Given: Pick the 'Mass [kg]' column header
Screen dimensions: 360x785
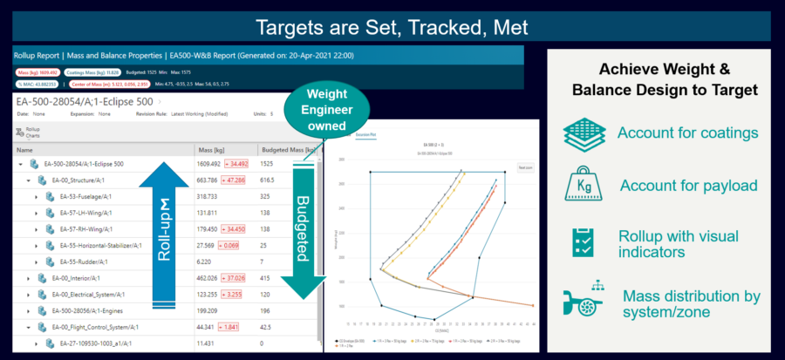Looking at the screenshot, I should point(212,149).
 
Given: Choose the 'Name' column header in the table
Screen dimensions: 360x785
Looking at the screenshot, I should point(24,149).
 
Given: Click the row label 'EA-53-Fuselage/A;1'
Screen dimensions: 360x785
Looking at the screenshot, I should point(84,197).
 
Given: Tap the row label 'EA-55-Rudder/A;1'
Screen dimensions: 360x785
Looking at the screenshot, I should point(81,262).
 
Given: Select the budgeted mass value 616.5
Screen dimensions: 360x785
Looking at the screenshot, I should point(271,180).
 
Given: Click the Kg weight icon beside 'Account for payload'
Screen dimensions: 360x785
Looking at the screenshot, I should point(584,185).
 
